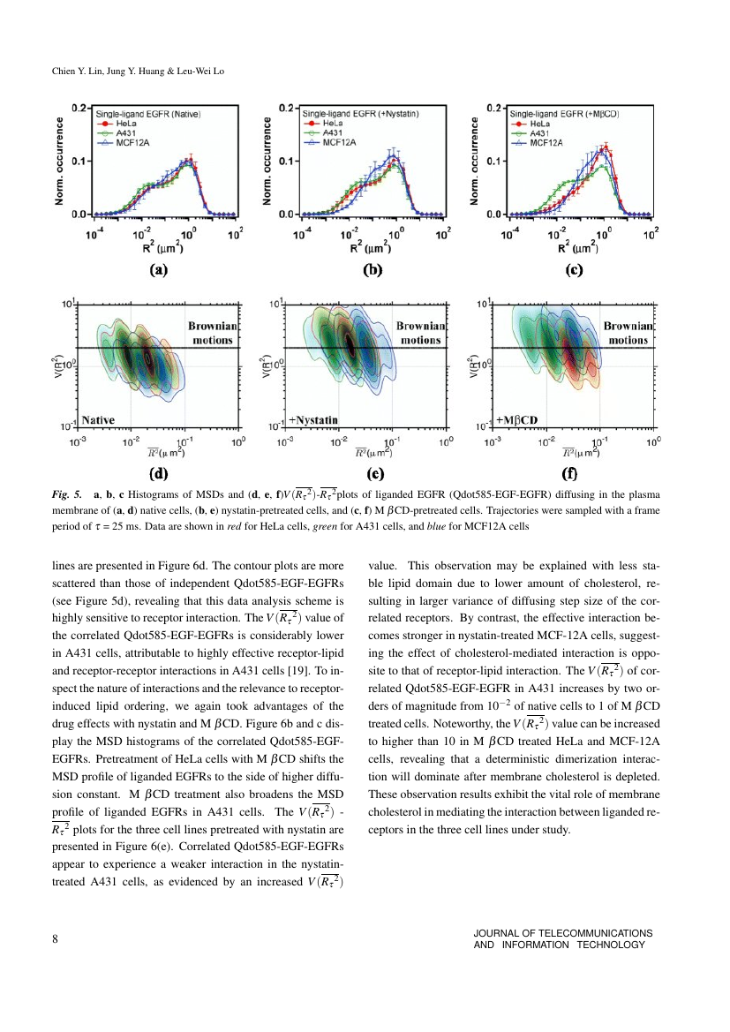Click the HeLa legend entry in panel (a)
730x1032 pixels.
click(117, 124)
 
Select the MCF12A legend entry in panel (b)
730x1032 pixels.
click(330, 142)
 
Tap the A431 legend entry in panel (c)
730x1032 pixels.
click(531, 133)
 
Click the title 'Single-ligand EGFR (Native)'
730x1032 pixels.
click(149, 114)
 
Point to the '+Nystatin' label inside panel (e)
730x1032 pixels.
click(313, 420)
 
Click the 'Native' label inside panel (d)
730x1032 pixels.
click(98, 420)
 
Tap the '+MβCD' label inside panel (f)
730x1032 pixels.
click(516, 420)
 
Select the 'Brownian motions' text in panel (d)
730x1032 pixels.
click(213, 333)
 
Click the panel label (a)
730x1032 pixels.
click(159, 269)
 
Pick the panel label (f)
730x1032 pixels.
click(569, 473)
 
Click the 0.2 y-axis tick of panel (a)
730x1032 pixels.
click(79, 108)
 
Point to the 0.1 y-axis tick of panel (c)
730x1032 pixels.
click(493, 162)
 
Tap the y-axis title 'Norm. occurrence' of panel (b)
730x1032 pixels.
click(267, 162)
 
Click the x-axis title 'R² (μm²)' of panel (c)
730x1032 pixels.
click(578, 247)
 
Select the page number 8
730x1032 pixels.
click(56, 938)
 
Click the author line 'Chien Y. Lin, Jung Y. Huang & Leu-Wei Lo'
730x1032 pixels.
click(139, 72)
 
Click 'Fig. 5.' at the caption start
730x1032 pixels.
click(67, 494)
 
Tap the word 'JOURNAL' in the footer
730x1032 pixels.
click(496, 933)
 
